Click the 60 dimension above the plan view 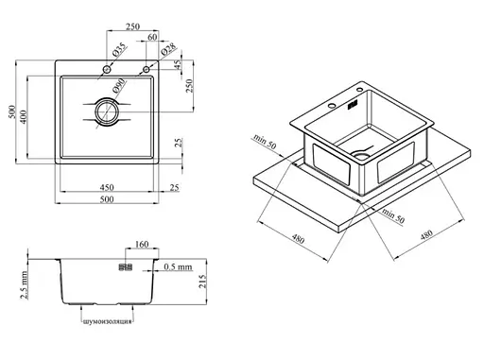[x=152, y=37]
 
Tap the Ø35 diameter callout [x=119, y=49]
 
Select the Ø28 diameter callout [x=168, y=49]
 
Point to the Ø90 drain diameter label [x=119, y=85]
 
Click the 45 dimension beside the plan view [x=178, y=65]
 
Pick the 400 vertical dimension [x=24, y=116]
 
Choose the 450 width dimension [x=107, y=187]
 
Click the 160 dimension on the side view [x=142, y=244]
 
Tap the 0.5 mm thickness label [x=178, y=267]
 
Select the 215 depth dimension [x=202, y=281]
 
